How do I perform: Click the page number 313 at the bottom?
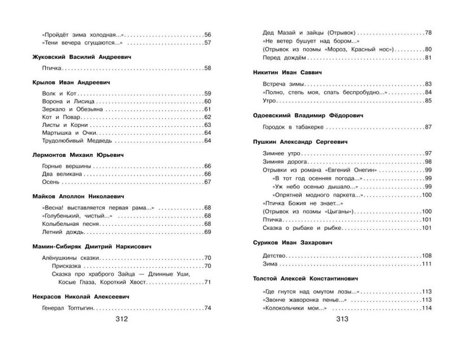tap(342, 319)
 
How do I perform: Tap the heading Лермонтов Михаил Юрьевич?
tap(79, 154)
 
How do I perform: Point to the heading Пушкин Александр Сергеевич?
tap(300, 141)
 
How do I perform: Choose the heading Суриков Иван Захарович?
tap(293, 243)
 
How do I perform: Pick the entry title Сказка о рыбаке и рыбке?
tap(296, 228)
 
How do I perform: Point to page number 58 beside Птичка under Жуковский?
tap(207, 68)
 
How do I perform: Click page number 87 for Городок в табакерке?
tap(428, 127)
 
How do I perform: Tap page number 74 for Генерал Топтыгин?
tap(207, 308)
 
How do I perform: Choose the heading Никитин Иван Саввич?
tap(288, 72)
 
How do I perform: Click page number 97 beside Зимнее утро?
tap(428, 154)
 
